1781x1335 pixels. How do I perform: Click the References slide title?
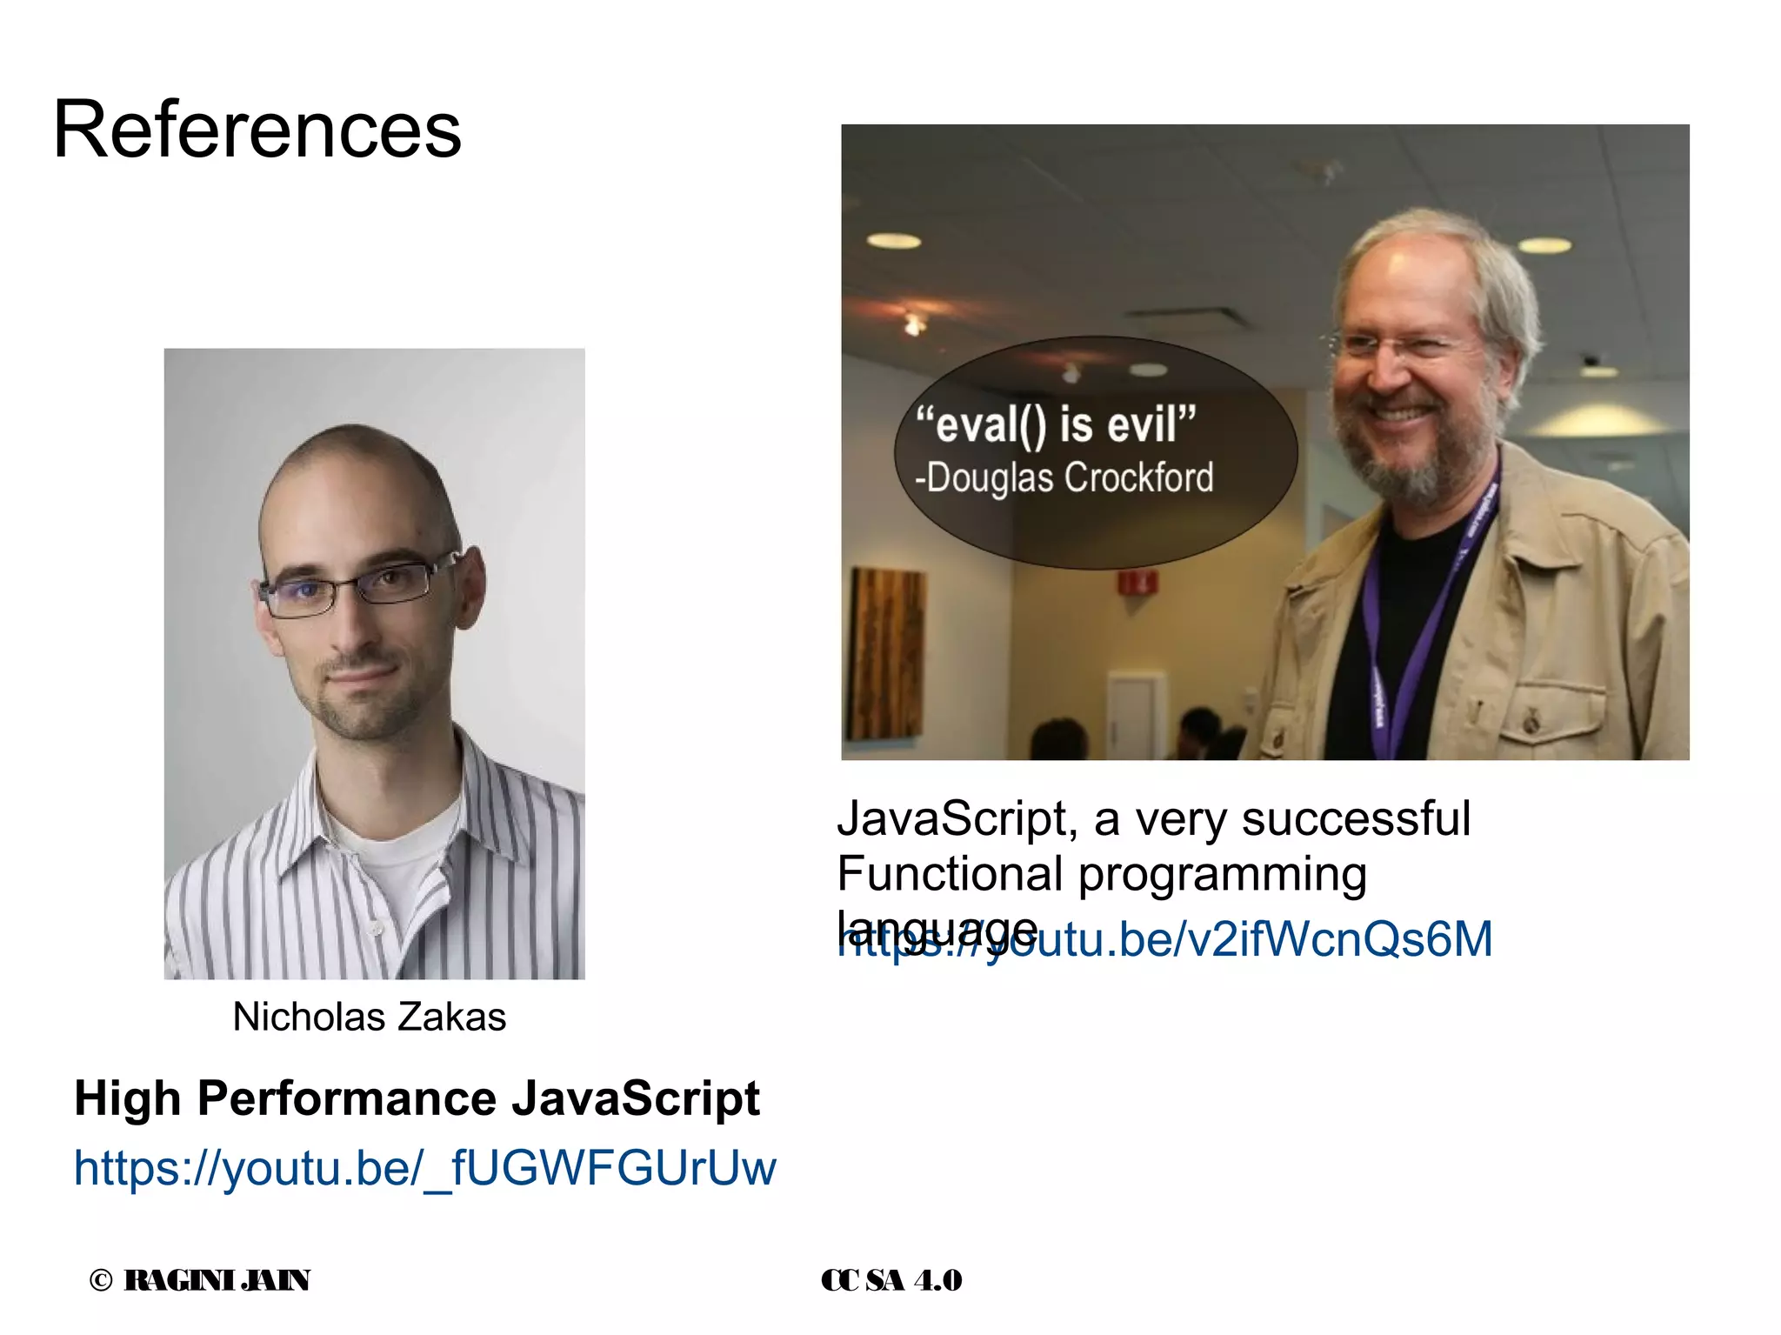257,130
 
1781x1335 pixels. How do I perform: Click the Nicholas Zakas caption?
369,1017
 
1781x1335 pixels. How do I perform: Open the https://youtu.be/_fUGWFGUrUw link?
424,1168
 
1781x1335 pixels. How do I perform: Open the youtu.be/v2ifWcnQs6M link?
1261,939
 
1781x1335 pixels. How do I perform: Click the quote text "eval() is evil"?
1056,424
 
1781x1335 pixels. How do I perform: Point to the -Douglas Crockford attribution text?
1064,477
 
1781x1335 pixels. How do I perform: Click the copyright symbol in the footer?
101,1280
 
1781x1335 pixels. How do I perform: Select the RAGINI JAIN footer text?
217,1280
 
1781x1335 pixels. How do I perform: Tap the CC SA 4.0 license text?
891,1280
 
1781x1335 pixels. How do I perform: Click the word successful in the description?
1356,818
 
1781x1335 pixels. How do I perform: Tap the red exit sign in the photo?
1137,582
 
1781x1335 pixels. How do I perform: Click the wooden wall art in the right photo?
888,652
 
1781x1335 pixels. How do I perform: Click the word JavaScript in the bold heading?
636,1098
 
